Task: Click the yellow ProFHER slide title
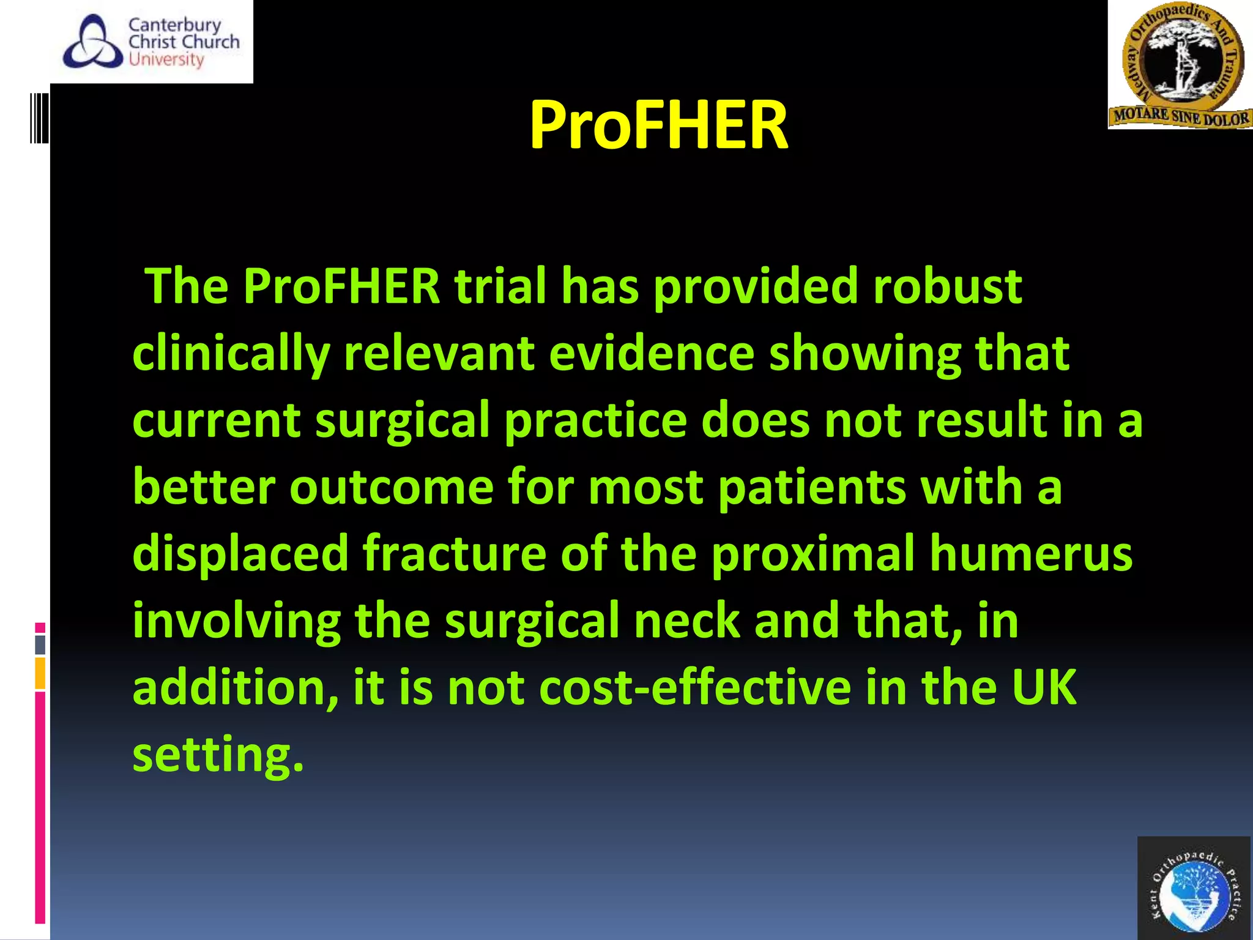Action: point(658,125)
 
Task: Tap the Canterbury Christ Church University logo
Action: point(152,42)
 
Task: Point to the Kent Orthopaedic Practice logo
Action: point(1194,889)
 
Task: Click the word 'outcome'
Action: point(392,487)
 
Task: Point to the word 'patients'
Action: point(811,488)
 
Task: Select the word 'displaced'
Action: point(240,553)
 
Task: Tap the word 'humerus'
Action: point(1031,553)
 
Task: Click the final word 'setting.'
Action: point(218,755)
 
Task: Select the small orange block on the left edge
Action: point(40,673)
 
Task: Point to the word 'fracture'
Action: point(455,553)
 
